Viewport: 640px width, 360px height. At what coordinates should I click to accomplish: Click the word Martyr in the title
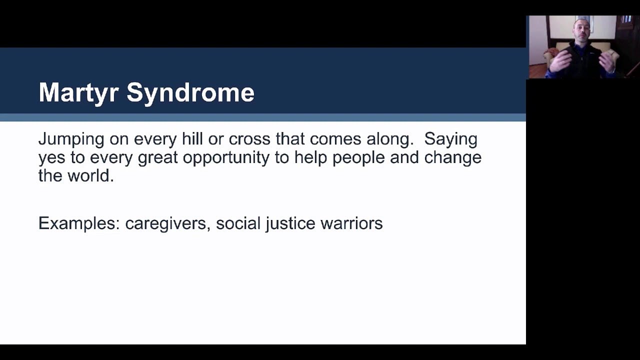(x=78, y=93)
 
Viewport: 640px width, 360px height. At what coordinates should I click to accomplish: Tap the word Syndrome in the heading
(x=190, y=93)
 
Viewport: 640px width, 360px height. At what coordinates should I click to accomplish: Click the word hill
(x=192, y=139)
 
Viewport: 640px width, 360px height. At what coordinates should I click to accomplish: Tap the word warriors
(x=351, y=223)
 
